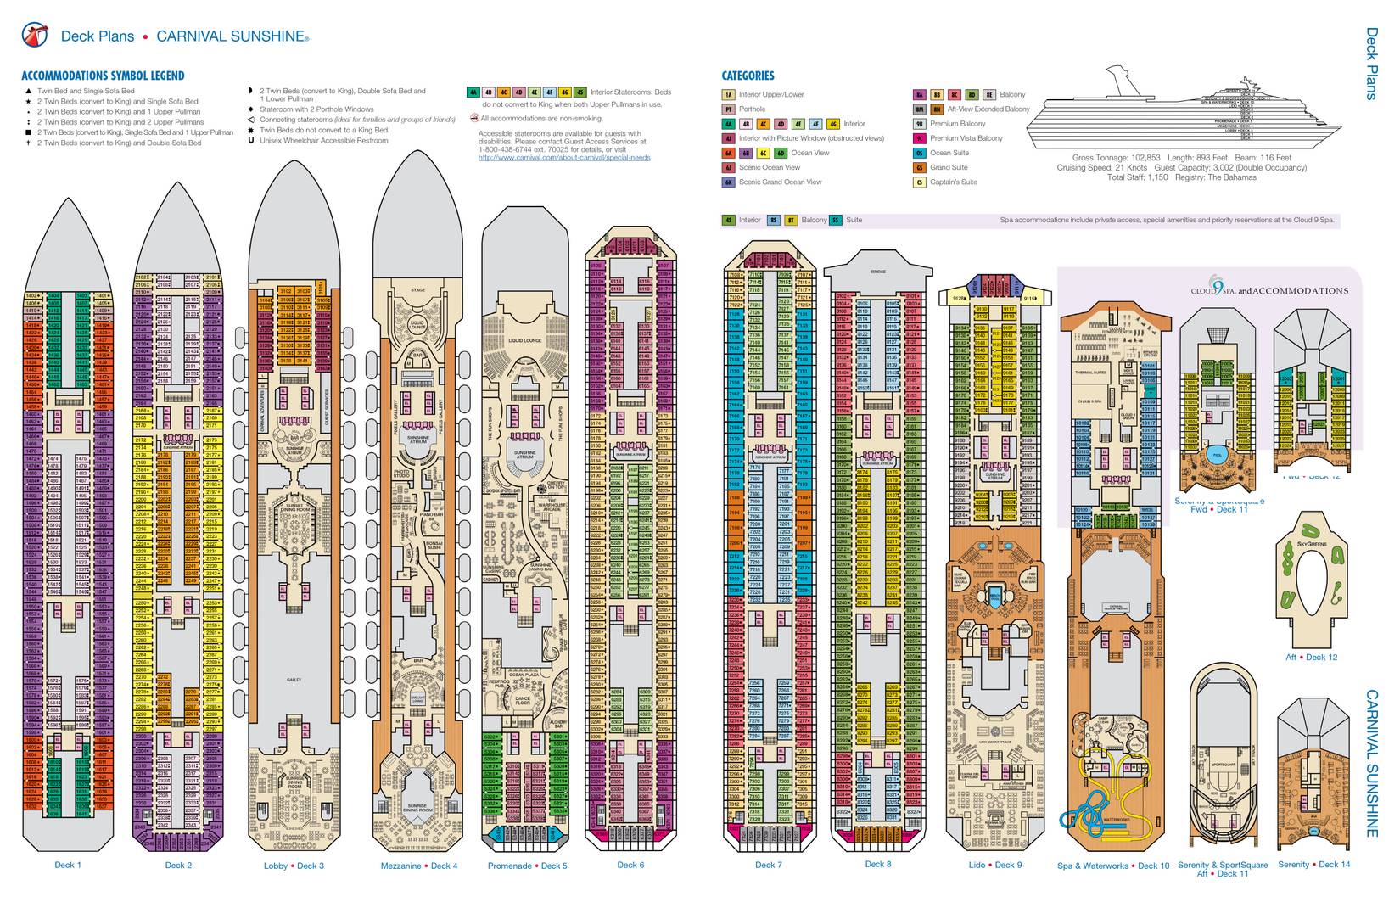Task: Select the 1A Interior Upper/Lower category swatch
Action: coord(729,95)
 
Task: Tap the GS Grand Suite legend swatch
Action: coord(919,168)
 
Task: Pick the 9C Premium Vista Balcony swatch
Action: coord(919,138)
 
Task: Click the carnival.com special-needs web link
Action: coord(563,158)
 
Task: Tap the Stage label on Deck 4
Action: coord(417,290)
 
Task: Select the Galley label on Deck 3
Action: coord(294,680)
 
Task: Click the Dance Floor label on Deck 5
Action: coord(524,702)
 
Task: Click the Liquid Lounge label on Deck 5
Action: coord(525,340)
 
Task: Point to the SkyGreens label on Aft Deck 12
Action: coord(1312,543)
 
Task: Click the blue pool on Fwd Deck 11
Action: coord(1216,453)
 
